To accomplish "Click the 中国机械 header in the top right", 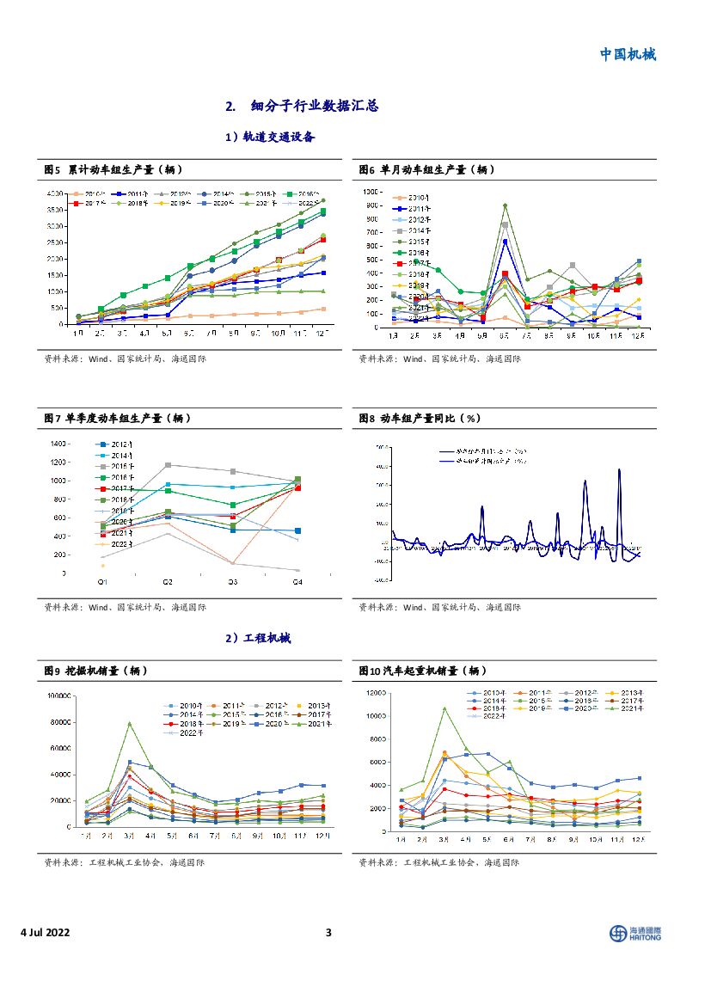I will coord(627,54).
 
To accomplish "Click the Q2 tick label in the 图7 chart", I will coord(169,583).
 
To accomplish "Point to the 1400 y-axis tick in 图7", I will coord(59,444).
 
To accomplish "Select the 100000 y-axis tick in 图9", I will coord(57,696).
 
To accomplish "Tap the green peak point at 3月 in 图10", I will coord(444,708).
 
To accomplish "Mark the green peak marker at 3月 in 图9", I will coord(129,723).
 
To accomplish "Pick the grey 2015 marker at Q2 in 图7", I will coord(168,464).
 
